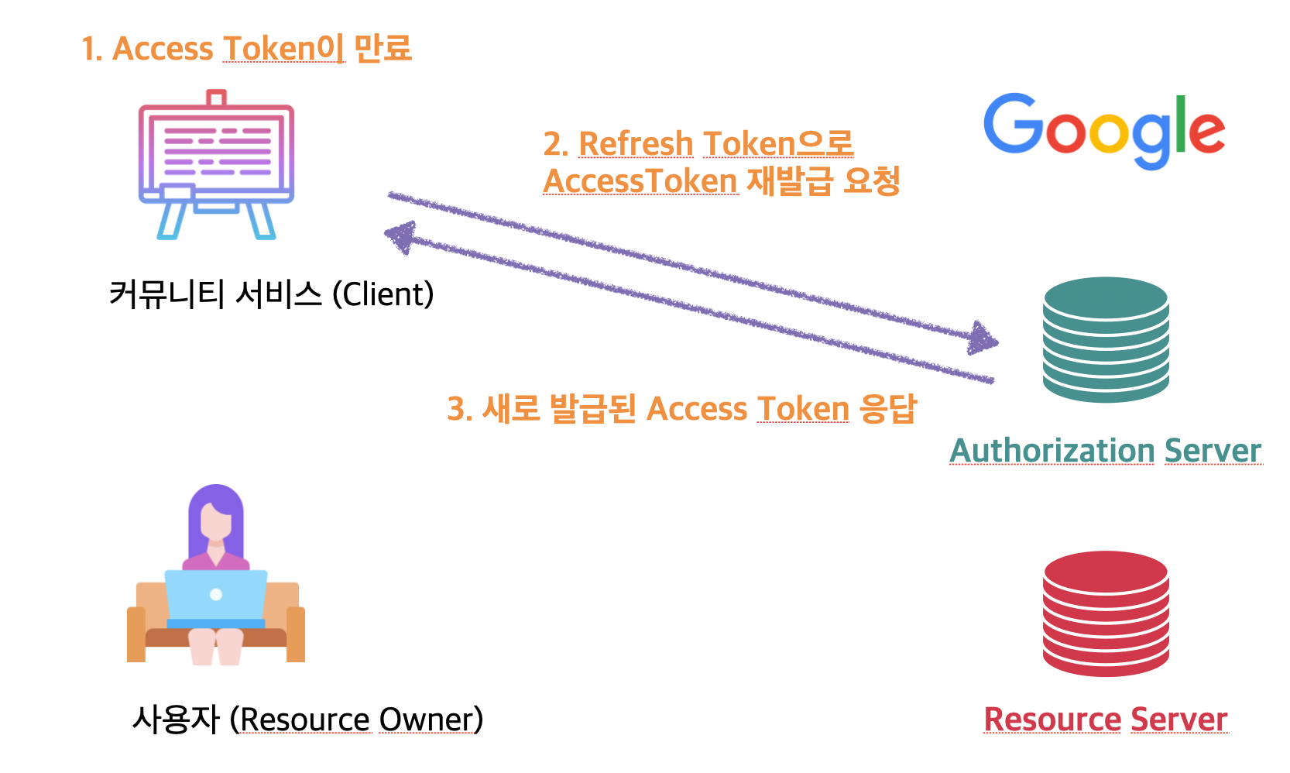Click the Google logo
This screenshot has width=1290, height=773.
point(1103,130)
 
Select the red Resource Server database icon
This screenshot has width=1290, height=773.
point(1106,613)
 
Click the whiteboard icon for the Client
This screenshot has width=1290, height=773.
point(216,164)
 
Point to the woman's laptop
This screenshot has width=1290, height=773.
point(216,598)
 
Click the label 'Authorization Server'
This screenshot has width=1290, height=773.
point(1105,450)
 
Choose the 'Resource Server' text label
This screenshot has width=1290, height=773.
point(1105,719)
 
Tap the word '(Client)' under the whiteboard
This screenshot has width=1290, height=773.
point(383,294)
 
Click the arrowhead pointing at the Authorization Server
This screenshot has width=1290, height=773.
point(983,338)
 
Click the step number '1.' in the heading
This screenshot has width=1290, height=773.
point(92,49)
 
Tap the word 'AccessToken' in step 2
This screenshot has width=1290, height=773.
point(640,181)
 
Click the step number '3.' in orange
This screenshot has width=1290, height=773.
point(460,408)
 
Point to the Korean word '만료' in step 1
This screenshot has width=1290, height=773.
point(383,48)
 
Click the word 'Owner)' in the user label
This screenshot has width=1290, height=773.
point(431,720)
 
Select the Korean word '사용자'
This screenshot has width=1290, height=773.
point(177,720)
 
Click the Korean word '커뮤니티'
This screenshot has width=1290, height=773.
point(166,294)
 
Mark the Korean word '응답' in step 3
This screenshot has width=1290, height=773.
point(888,408)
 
